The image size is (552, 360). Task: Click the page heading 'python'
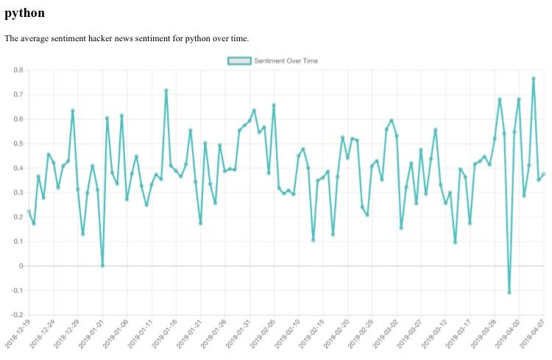click(x=25, y=13)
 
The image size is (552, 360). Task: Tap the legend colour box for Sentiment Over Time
click(x=240, y=60)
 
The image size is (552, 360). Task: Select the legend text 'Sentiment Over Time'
click(x=286, y=60)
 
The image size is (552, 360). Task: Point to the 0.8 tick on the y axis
click(x=18, y=70)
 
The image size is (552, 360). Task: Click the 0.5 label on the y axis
click(x=18, y=144)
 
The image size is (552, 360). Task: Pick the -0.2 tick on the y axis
click(x=16, y=314)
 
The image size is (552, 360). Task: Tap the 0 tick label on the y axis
click(x=21, y=266)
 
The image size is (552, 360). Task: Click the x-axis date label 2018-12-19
click(x=18, y=334)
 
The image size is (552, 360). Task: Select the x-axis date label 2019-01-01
click(x=91, y=334)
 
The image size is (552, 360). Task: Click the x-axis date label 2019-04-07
click(x=531, y=334)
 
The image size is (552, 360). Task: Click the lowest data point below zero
click(x=509, y=292)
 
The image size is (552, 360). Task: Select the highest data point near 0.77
click(x=534, y=78)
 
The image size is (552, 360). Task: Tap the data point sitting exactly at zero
click(x=102, y=265)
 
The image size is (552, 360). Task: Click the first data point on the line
click(x=29, y=211)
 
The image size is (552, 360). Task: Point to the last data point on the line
click(x=543, y=174)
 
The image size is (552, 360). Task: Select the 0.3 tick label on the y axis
click(x=18, y=192)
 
